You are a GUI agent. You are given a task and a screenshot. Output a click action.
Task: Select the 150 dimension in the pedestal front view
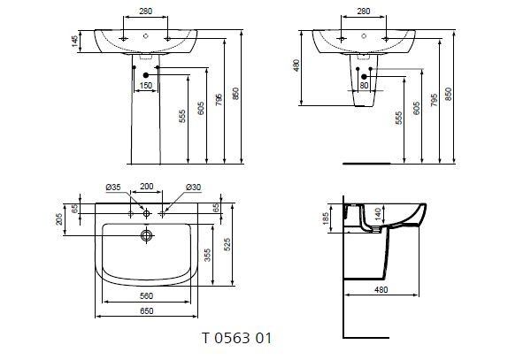(x=146, y=85)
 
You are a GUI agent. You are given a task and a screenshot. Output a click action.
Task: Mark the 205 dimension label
(x=59, y=218)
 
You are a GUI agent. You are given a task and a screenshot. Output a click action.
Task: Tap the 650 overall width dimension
(x=147, y=311)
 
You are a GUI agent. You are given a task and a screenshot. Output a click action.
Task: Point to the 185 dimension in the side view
(x=326, y=217)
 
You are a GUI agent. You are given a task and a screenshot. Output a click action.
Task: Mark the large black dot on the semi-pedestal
(x=364, y=77)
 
